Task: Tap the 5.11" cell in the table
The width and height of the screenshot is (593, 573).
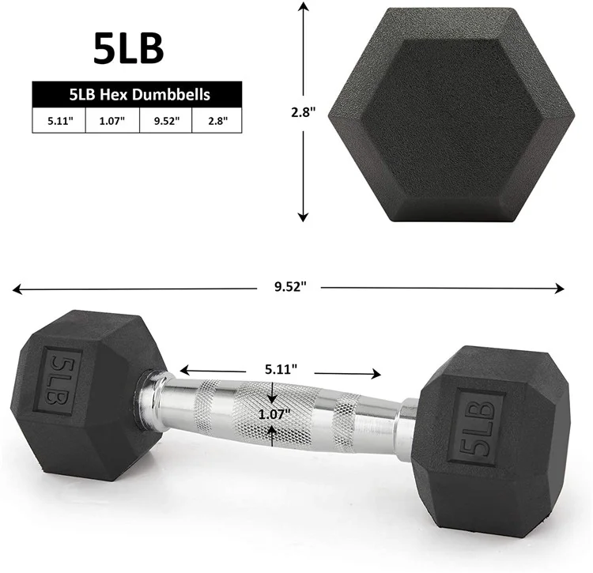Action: pos(58,121)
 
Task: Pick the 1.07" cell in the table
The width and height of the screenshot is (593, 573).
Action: pos(111,121)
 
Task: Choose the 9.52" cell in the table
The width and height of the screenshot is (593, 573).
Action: pos(165,121)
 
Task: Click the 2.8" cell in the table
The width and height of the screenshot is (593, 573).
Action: pos(217,121)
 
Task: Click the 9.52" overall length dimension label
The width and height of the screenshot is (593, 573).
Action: pos(289,288)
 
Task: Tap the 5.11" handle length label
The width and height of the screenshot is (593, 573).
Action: pos(281,368)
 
